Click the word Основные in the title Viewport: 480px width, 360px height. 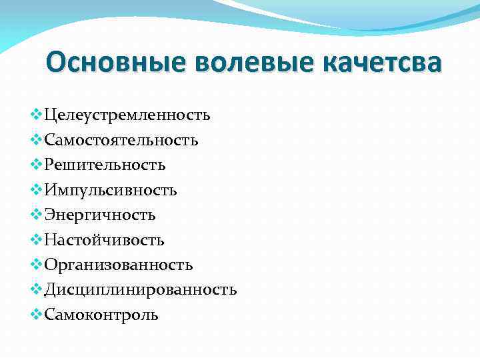click(117, 63)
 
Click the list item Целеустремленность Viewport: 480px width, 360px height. click(127, 115)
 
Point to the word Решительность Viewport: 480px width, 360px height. click(105, 165)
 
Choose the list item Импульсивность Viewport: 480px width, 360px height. click(110, 191)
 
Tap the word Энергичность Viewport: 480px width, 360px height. click(100, 215)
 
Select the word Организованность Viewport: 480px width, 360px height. click(119, 265)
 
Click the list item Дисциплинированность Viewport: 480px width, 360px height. click(140, 290)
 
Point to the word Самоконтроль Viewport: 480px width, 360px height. click(101, 315)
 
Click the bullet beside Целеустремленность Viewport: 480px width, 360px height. click(36, 115)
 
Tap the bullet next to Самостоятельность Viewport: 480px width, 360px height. click(36, 140)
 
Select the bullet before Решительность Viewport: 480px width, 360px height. click(36, 165)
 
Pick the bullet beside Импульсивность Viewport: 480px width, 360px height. click(36, 190)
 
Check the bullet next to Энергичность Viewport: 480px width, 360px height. click(36, 215)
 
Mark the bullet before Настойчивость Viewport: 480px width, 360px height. click(36, 239)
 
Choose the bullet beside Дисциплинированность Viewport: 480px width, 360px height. click(36, 289)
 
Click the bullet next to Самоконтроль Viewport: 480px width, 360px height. click(36, 314)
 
